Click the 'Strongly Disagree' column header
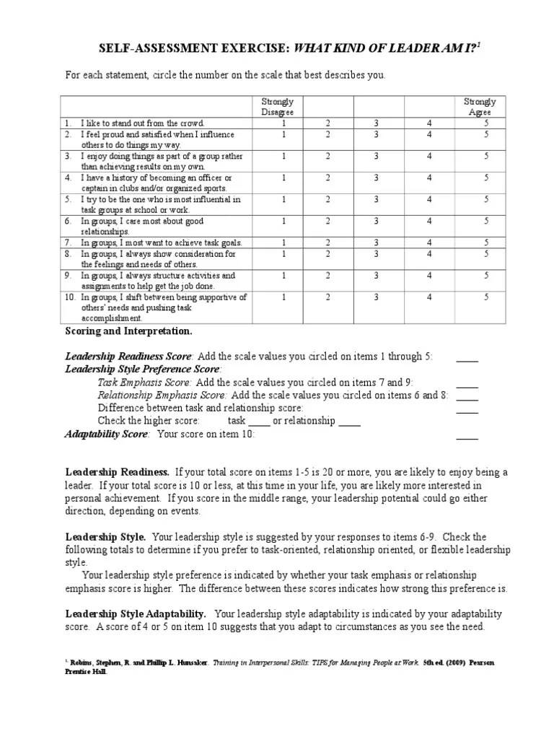278,107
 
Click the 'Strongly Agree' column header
480,107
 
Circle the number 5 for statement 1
486,123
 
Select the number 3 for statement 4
376,177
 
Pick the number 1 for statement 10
283,296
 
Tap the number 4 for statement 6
429,220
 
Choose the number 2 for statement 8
327,253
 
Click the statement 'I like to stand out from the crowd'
143,123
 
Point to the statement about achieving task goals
162,242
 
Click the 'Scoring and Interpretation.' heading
129,331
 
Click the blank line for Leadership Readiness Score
467,357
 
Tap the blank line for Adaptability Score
467,435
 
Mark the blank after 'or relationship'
349,421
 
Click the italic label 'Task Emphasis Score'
145,382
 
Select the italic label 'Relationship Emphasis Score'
162,395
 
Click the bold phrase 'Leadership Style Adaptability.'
136,613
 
